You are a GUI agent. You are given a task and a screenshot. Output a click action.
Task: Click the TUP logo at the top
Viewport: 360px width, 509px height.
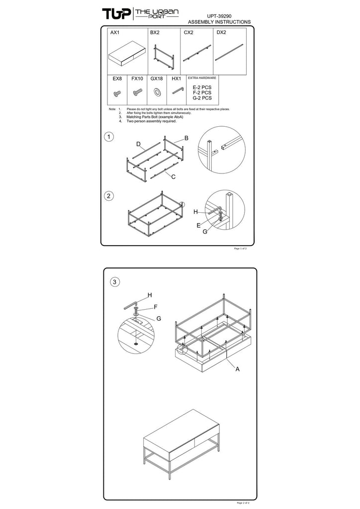tap(117, 13)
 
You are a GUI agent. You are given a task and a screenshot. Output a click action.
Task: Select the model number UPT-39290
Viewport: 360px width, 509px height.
tap(219, 16)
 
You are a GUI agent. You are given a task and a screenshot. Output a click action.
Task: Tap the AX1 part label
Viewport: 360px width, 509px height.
tap(115, 32)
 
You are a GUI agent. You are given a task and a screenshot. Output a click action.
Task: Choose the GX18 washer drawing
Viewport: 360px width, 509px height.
tap(157, 92)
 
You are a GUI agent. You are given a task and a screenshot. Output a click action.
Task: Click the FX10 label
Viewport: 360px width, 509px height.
tap(137, 79)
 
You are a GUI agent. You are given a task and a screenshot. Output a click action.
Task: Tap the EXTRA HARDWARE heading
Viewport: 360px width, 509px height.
tap(202, 78)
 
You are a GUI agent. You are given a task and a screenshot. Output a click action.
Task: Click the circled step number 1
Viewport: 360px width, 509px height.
tap(109, 137)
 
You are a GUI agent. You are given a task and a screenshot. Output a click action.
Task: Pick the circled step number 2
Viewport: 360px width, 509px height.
tap(109, 196)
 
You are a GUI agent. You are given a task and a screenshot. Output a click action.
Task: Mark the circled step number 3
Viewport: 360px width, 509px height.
tap(114, 282)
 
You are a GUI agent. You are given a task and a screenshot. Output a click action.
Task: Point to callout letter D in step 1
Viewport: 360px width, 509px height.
tap(138, 144)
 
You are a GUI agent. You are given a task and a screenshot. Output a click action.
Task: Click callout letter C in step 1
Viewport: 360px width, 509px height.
tap(174, 176)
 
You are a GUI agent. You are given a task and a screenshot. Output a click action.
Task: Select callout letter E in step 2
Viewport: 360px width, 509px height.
tap(199, 225)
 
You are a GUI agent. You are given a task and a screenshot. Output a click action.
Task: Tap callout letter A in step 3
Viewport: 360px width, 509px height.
tap(238, 369)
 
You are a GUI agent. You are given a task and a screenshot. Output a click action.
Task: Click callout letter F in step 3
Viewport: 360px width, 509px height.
tap(156, 307)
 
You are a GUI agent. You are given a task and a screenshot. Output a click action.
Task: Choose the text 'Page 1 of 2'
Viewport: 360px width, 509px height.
tap(240, 249)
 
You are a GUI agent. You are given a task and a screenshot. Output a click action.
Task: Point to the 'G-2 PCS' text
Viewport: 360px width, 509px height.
tap(202, 98)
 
